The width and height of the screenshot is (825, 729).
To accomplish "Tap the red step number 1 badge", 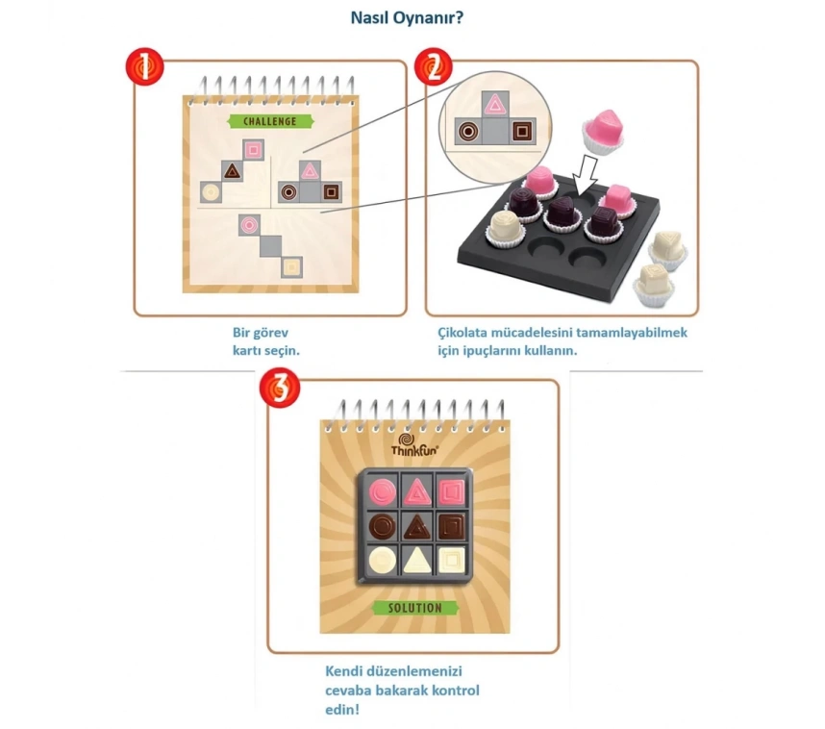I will tap(145, 68).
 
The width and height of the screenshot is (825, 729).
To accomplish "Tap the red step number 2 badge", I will tap(433, 68).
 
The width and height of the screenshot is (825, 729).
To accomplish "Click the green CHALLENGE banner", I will tap(262, 121).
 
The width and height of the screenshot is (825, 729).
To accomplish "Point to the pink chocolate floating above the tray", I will tap(603, 130).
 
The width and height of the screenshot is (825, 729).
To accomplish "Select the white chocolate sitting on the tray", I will tap(507, 229).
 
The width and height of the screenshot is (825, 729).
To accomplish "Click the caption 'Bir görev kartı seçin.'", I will tap(266, 341).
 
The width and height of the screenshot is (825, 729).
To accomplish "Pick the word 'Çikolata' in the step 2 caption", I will tap(466, 333).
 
